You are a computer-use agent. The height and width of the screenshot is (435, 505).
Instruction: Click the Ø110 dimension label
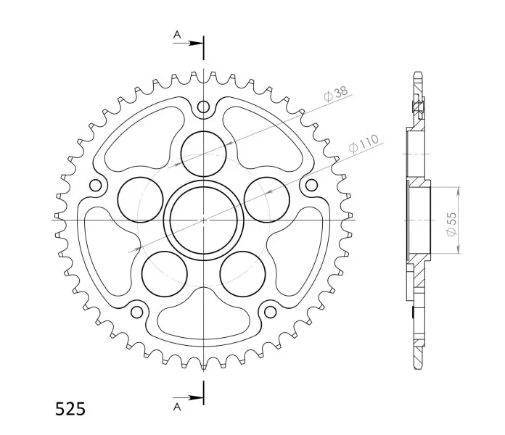click(364, 143)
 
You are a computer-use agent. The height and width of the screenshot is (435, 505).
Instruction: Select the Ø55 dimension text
click(452, 223)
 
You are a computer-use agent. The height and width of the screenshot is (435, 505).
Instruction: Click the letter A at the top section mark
click(177, 34)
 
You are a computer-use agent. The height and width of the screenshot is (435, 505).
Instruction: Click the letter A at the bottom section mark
click(177, 407)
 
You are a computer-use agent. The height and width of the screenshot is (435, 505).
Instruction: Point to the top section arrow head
click(195, 43)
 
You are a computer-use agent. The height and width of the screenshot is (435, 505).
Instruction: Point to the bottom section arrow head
click(195, 398)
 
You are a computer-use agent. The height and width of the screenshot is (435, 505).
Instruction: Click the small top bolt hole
click(203, 107)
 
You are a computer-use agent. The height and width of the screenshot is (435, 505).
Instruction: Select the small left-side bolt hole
click(95, 186)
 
